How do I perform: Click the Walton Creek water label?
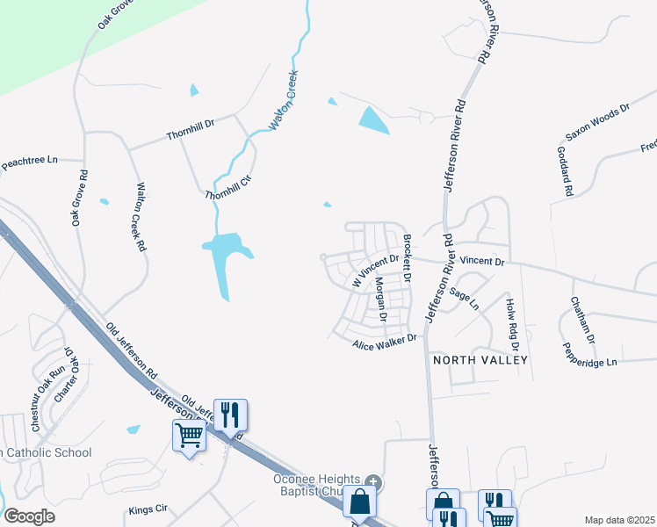click(x=284, y=100)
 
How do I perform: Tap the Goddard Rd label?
click(x=565, y=170)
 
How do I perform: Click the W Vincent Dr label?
click(x=375, y=268)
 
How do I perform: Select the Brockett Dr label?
click(x=407, y=257)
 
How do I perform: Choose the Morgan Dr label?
click(x=380, y=300)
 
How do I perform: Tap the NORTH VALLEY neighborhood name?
click(x=480, y=360)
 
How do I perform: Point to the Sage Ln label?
click(x=464, y=299)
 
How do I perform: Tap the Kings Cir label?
click(x=148, y=509)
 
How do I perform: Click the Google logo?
click(x=29, y=516)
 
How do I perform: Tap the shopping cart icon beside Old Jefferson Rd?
click(x=190, y=434)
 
